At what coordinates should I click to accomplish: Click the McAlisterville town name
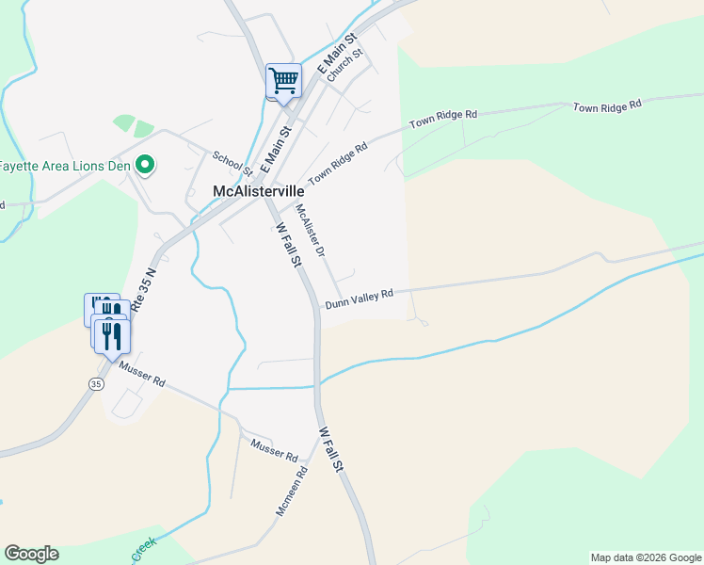click(x=257, y=191)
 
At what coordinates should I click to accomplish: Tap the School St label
click(x=232, y=164)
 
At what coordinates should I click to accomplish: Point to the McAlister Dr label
click(x=310, y=232)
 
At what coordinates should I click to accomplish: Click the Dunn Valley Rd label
click(x=359, y=299)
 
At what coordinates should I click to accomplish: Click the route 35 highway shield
click(x=96, y=384)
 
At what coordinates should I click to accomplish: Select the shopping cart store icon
click(x=284, y=81)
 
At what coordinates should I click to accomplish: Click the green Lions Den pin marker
click(x=145, y=167)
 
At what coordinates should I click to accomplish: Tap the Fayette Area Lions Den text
click(x=66, y=167)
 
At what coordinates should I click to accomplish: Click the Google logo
click(x=31, y=554)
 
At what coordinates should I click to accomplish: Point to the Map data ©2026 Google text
click(x=646, y=557)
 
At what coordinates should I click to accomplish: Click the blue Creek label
click(x=143, y=548)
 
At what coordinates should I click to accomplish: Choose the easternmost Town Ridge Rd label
click(x=607, y=105)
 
